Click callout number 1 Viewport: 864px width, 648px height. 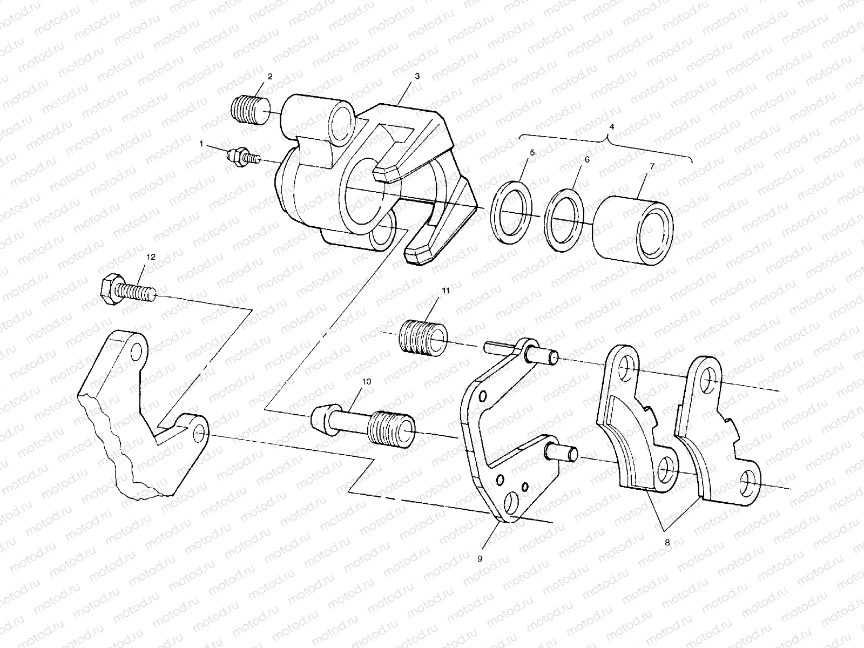pyautogui.click(x=201, y=144)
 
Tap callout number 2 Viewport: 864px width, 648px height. pyautogui.click(x=269, y=77)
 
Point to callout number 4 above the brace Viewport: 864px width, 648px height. pyautogui.click(x=611, y=126)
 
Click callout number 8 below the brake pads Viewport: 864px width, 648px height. pyautogui.click(x=667, y=543)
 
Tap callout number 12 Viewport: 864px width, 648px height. pyautogui.click(x=151, y=257)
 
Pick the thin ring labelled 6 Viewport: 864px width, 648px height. pyautogui.click(x=563, y=219)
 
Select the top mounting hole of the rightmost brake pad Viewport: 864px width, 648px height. pyautogui.click(x=707, y=382)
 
